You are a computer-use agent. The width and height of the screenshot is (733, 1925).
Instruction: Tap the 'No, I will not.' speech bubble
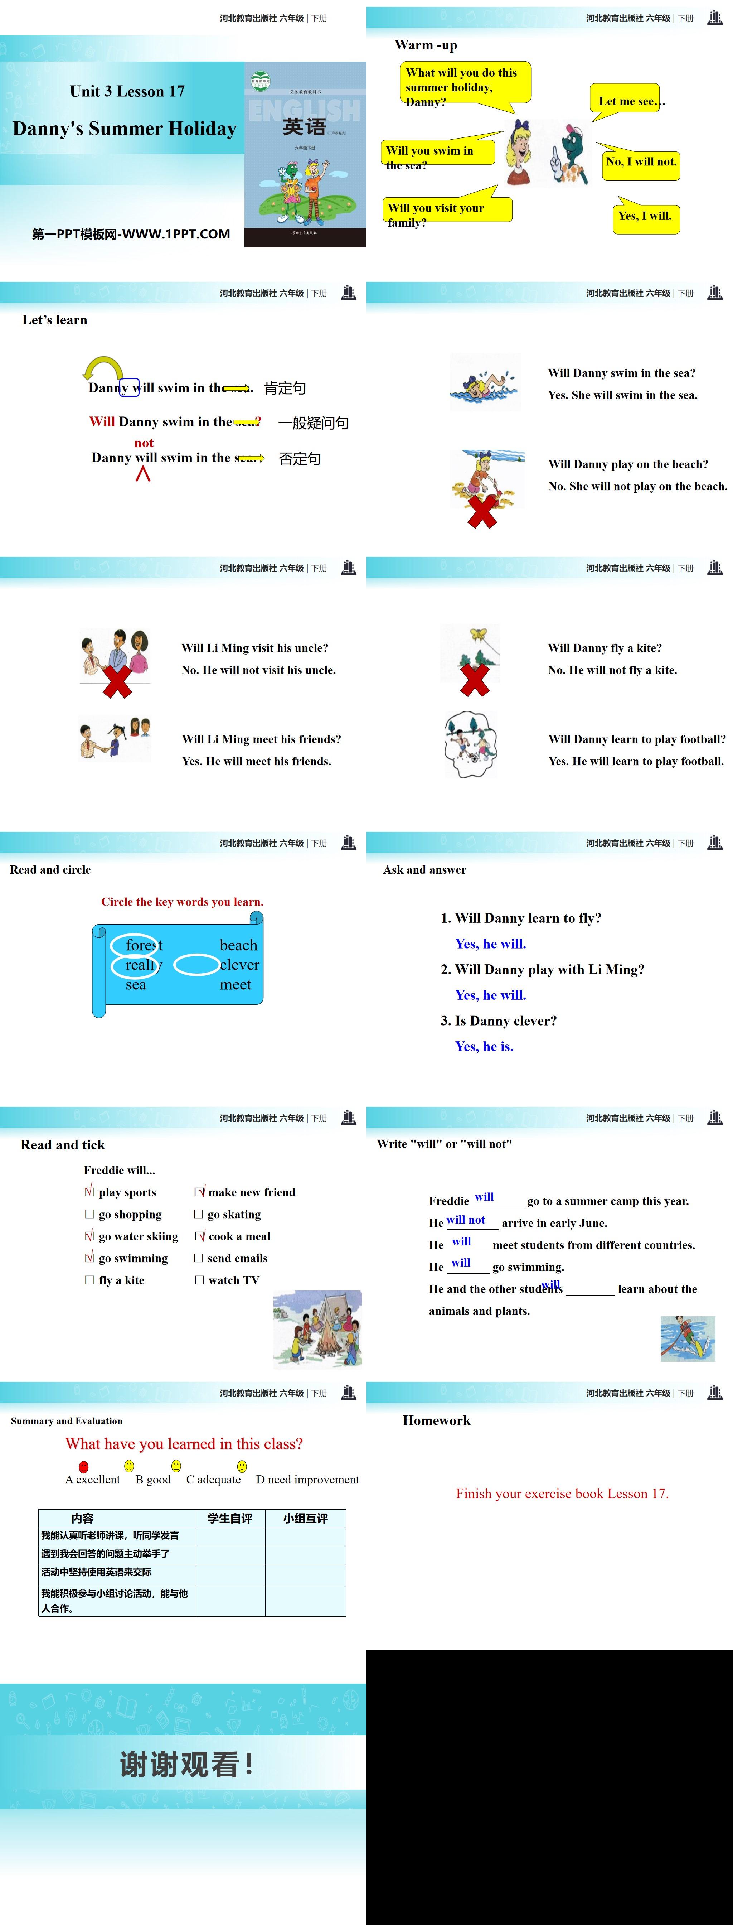(x=641, y=162)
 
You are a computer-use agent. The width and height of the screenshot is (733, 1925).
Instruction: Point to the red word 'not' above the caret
(x=144, y=443)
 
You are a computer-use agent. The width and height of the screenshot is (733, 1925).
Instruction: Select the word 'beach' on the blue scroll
(x=238, y=945)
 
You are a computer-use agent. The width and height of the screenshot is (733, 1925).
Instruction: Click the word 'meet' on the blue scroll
(x=236, y=985)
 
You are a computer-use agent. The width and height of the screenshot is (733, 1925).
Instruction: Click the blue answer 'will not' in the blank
(x=466, y=1220)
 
